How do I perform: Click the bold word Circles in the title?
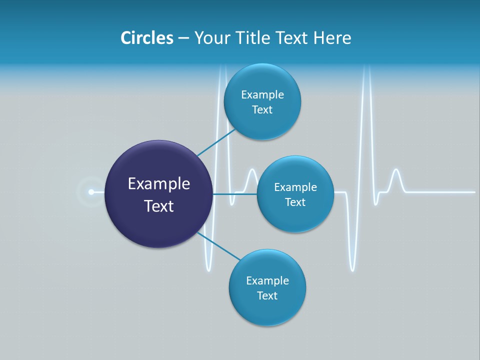click(x=147, y=38)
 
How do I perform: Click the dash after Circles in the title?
click(x=183, y=38)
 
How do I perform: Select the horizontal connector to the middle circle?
click(x=235, y=194)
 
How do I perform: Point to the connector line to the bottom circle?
click(x=219, y=246)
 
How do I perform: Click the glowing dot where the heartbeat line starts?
click(x=91, y=192)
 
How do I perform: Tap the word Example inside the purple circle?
click(x=159, y=184)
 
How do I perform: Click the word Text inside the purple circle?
click(x=159, y=206)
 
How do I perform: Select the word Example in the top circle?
click(x=262, y=95)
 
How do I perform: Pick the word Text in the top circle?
click(x=262, y=110)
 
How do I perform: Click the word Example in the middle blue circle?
click(x=295, y=187)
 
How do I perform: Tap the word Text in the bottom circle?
click(x=267, y=295)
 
